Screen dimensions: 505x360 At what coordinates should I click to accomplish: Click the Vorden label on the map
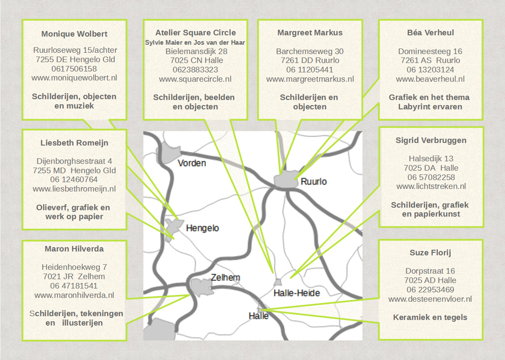pyautogui.click(x=191, y=163)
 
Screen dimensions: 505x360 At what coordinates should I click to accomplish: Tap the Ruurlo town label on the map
pyautogui.click(x=314, y=182)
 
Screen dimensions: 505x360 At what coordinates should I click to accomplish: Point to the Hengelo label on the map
pyautogui.click(x=202, y=228)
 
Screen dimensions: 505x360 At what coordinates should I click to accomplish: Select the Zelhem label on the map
pyautogui.click(x=226, y=277)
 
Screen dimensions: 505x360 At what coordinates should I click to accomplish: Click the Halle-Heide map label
pyautogui.click(x=296, y=293)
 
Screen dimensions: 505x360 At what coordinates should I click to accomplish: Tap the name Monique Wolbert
pyautogui.click(x=74, y=34)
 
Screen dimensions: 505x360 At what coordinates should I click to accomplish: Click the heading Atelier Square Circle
pyautogui.click(x=196, y=33)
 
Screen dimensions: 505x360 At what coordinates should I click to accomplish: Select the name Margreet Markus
pyautogui.click(x=310, y=33)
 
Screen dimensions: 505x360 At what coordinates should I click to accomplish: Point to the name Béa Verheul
pyautogui.click(x=430, y=33)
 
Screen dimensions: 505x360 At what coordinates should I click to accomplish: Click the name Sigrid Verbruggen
pyautogui.click(x=431, y=140)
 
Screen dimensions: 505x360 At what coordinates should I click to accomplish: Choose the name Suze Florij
pyautogui.click(x=430, y=253)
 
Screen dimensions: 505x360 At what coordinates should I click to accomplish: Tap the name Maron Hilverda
pyautogui.click(x=74, y=249)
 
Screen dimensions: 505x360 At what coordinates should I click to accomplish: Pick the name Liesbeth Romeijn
pyautogui.click(x=74, y=143)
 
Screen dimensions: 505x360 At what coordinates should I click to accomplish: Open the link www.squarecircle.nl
pyautogui.click(x=195, y=79)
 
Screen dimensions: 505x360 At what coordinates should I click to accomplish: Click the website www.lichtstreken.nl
pyautogui.click(x=431, y=186)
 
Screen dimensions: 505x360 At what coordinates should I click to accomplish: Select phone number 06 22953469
pyautogui.click(x=430, y=290)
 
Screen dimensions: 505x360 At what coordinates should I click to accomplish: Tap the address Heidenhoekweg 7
pyautogui.click(x=74, y=267)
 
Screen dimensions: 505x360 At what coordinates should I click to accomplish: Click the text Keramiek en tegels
pyautogui.click(x=430, y=317)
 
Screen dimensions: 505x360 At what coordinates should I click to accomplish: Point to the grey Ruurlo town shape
pyautogui.click(x=286, y=180)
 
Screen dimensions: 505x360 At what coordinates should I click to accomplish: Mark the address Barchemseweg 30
pyautogui.click(x=310, y=51)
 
